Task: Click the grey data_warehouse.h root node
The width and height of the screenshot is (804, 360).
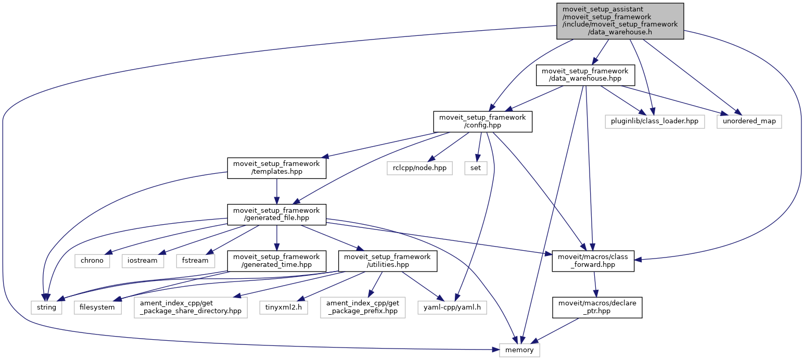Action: tap(619, 21)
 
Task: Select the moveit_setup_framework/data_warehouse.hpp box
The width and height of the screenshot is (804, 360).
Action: tap(585, 75)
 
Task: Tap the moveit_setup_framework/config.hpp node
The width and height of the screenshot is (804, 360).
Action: tap(482, 121)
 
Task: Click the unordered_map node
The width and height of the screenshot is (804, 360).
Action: tap(749, 121)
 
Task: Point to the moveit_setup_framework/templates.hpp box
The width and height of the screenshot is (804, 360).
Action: tap(277, 168)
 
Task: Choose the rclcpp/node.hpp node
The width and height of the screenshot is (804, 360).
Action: tap(420, 168)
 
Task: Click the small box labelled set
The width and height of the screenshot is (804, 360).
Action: tap(476, 168)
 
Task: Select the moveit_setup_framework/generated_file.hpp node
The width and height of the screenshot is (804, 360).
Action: tap(277, 214)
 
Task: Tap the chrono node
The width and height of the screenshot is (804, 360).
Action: tap(92, 260)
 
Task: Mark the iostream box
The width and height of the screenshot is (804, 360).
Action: tap(143, 260)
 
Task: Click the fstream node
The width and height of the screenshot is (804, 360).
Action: tap(196, 260)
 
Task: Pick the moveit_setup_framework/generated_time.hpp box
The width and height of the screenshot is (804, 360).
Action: tap(276, 260)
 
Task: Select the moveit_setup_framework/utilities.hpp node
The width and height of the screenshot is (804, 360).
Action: tap(387, 260)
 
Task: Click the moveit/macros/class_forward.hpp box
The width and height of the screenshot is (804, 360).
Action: tap(593, 260)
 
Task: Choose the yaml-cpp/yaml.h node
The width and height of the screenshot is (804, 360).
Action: tap(452, 307)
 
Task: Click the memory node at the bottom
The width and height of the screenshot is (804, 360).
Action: tap(519, 350)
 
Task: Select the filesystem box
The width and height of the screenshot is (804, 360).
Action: tap(98, 307)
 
